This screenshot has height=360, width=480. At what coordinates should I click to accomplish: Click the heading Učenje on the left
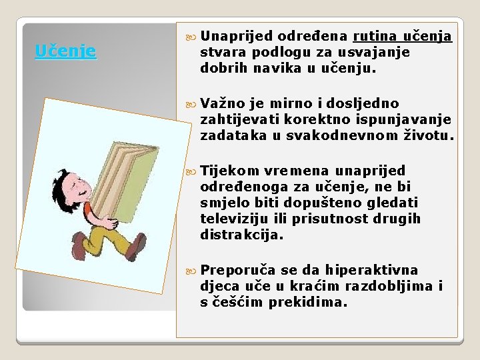[65, 51]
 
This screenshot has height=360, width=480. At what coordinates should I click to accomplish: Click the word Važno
[223, 103]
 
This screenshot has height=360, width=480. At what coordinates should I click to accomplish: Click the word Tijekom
[229, 170]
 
